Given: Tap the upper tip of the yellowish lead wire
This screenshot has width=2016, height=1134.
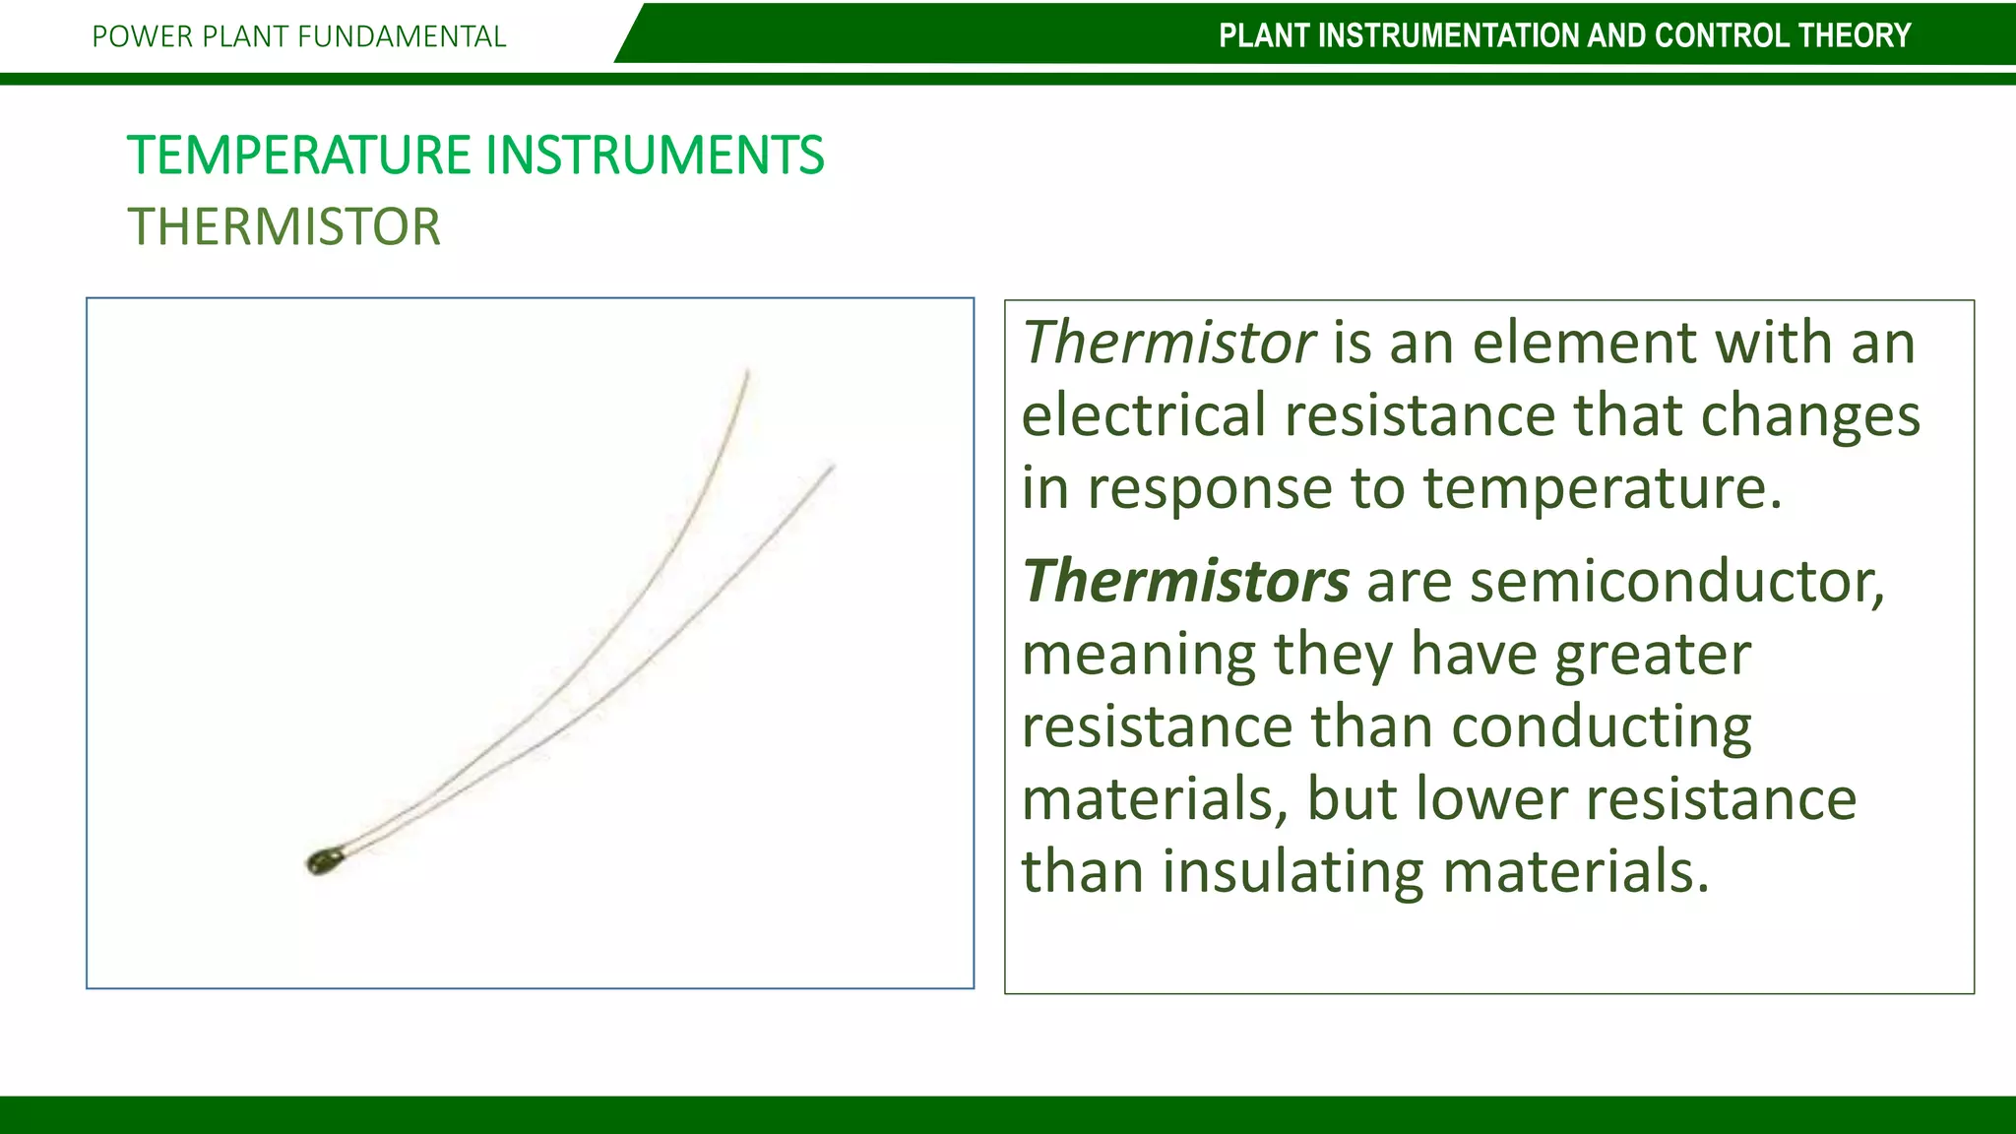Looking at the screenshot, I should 747,372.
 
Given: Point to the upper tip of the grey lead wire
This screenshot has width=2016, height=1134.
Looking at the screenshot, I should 833,467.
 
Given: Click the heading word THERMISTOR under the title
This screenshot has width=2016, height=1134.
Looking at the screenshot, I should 283,227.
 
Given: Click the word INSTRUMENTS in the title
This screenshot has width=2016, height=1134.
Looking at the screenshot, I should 655,156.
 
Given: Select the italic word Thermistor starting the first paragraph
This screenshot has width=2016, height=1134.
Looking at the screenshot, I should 1168,343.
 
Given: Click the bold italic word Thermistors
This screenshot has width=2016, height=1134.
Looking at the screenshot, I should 1185,581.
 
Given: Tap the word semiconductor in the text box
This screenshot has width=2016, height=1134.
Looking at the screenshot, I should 1676,581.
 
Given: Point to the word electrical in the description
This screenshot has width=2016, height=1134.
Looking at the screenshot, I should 1143,414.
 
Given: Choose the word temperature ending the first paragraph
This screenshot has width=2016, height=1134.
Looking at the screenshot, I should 1602,487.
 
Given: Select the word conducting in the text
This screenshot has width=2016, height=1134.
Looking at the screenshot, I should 1602,726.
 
